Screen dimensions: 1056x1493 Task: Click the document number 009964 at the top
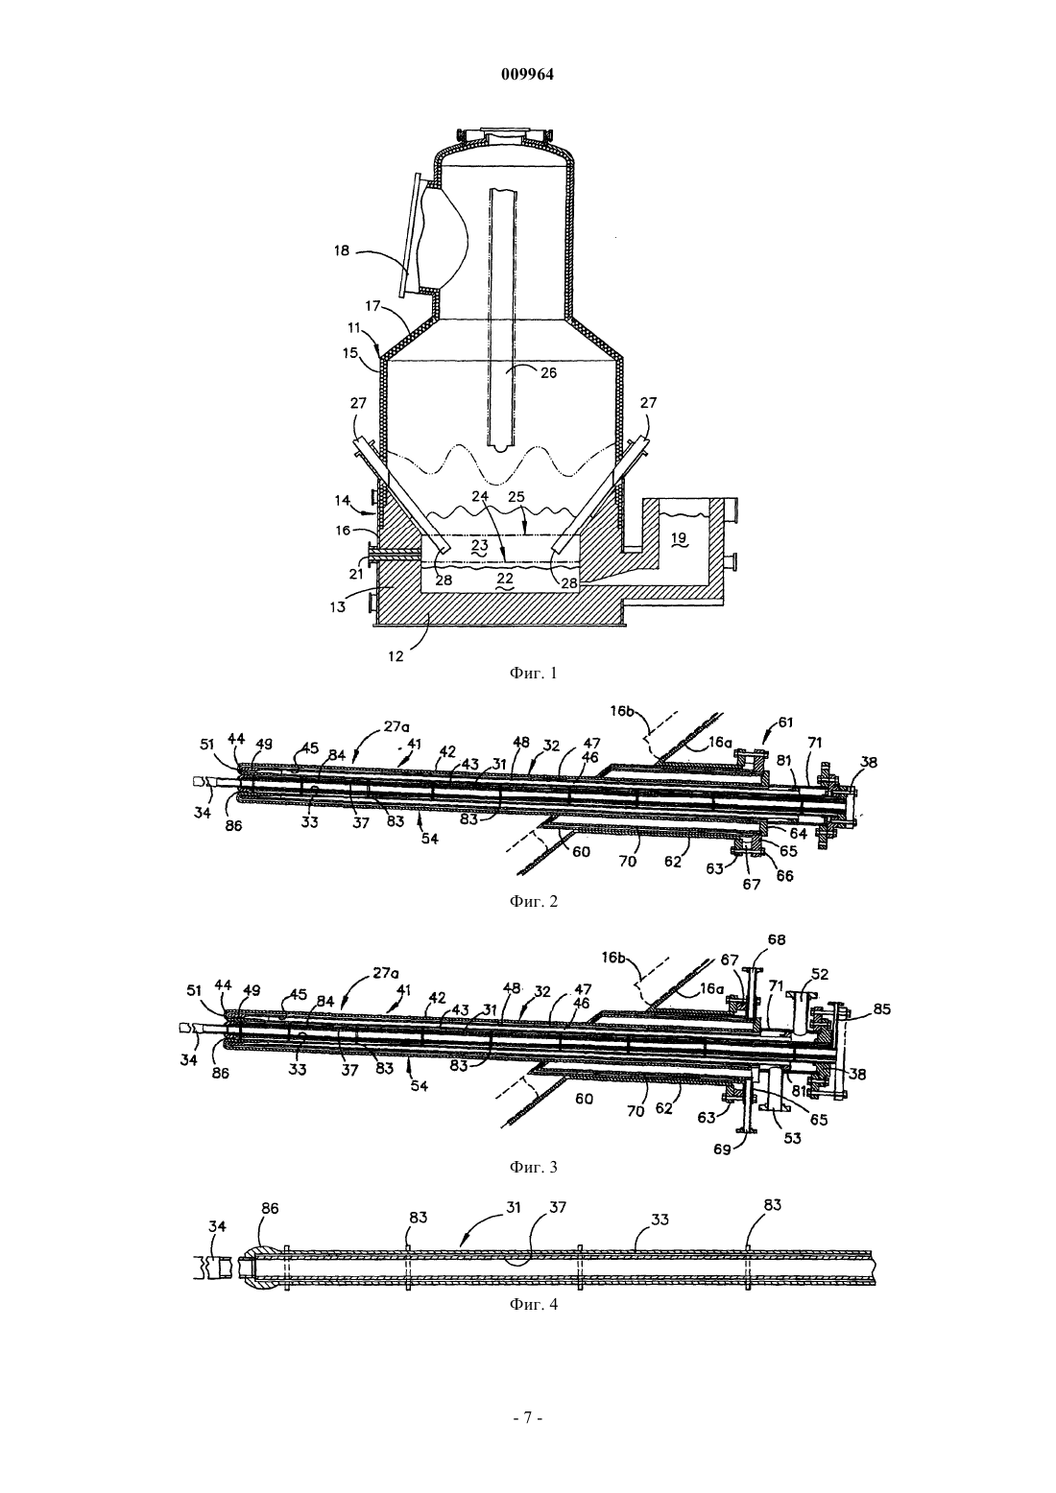click(x=527, y=75)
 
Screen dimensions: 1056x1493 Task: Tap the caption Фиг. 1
click(x=534, y=674)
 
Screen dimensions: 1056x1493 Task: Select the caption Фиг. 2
click(x=534, y=902)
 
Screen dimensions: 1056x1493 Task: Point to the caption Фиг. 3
click(x=534, y=1167)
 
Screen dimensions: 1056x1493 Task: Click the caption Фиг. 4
click(x=534, y=1304)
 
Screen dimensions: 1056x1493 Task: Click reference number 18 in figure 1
click(x=342, y=251)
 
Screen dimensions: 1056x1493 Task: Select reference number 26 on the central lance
click(x=548, y=373)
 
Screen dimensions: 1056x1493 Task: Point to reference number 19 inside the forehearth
click(x=679, y=538)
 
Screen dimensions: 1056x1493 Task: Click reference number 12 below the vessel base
click(x=396, y=656)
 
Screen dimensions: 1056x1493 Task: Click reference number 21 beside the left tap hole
click(x=357, y=574)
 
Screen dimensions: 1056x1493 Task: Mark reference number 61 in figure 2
click(x=785, y=722)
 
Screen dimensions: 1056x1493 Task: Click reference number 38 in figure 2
click(x=870, y=762)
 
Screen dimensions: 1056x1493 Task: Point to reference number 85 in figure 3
click(x=882, y=1009)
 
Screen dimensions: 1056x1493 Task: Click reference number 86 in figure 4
click(x=270, y=1209)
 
